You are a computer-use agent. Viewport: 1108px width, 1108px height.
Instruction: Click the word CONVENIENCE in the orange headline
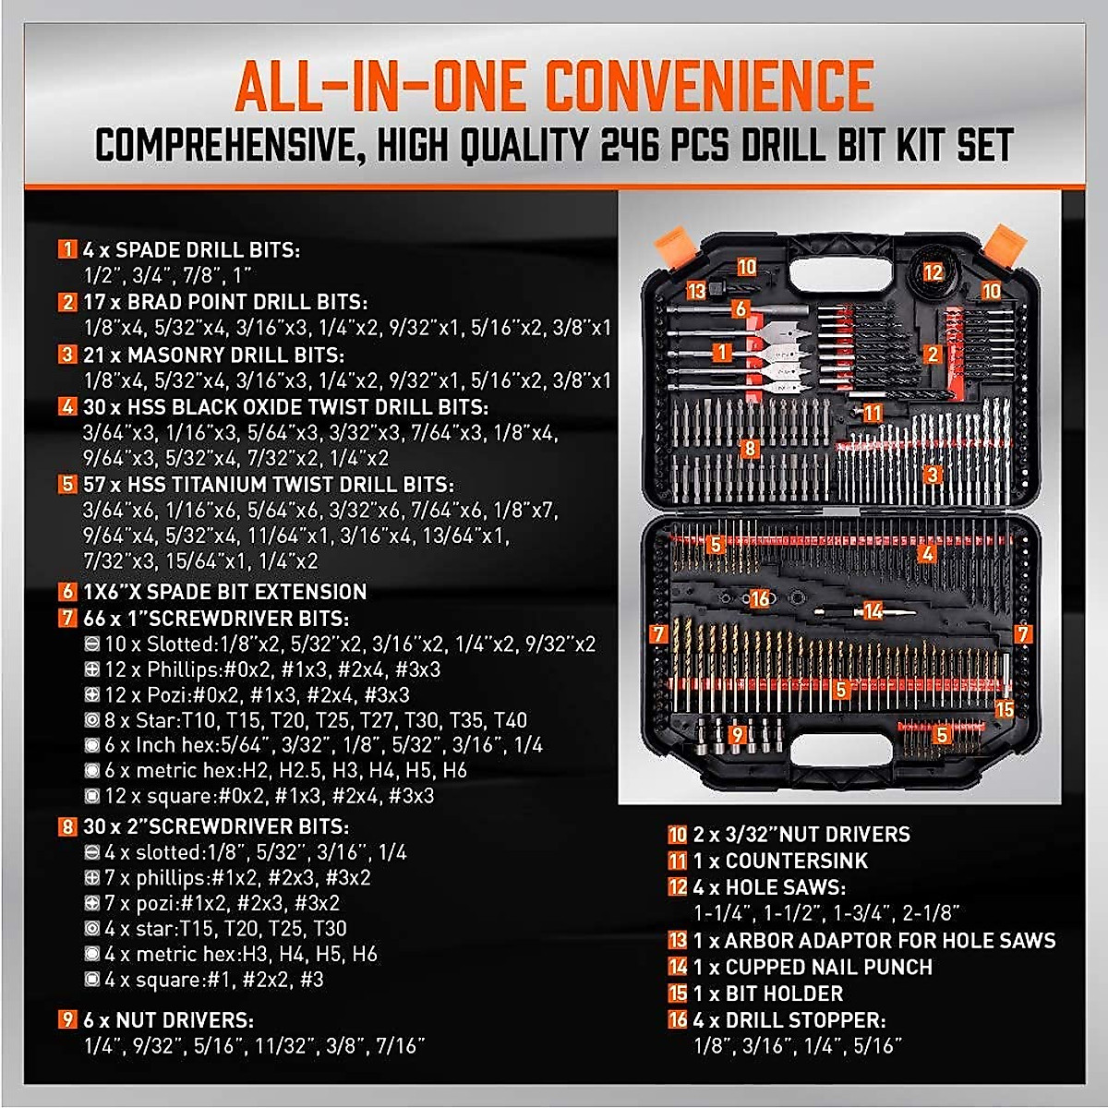pyautogui.click(x=709, y=86)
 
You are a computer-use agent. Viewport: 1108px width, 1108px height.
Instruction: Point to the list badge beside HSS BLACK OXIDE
pyautogui.click(x=67, y=407)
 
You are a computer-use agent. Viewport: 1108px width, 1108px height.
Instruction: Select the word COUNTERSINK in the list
pyautogui.click(x=797, y=861)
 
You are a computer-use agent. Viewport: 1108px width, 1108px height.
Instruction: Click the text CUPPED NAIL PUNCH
pyautogui.click(x=828, y=968)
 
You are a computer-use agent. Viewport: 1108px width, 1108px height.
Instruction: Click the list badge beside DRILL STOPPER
pyautogui.click(x=678, y=1020)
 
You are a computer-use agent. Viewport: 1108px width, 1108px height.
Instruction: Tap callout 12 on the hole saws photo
pyautogui.click(x=933, y=272)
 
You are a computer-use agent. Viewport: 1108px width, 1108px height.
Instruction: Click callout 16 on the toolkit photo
pyautogui.click(x=759, y=599)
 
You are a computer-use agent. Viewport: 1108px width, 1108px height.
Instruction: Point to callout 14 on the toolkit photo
pyautogui.click(x=873, y=610)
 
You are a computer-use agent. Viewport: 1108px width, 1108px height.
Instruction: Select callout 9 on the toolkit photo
pyautogui.click(x=737, y=735)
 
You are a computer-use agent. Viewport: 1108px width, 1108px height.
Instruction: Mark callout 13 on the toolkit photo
pyautogui.click(x=696, y=291)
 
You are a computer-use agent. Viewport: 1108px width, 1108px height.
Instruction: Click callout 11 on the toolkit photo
pyautogui.click(x=872, y=413)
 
